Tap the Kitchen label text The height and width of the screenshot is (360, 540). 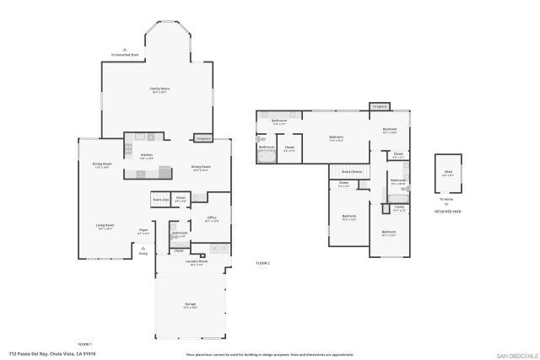coord(146,155)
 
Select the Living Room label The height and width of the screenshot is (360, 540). coord(105,225)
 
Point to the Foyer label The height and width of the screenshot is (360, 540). coord(143,229)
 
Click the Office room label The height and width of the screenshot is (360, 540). coord(213,218)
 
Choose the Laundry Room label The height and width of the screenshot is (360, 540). coord(197,261)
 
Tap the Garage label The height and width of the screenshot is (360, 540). coord(191,304)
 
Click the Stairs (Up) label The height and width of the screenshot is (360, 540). coord(160,199)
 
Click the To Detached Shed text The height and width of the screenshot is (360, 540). coord(125,56)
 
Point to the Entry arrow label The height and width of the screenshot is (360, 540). coord(143,252)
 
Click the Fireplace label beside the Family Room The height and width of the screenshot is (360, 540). coord(202,138)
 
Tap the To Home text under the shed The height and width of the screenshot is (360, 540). coord(445,199)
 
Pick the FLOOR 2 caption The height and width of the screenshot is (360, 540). coord(262,264)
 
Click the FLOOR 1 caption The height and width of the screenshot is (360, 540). coord(84,344)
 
